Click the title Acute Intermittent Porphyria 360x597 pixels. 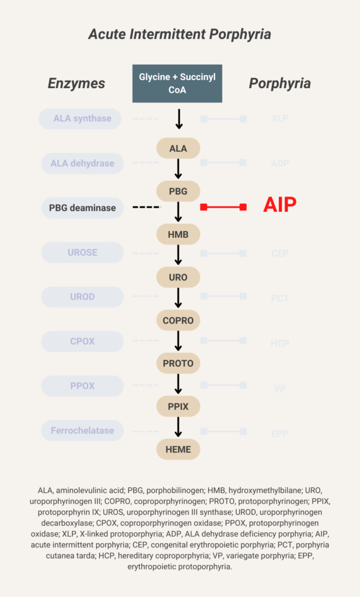click(x=180, y=34)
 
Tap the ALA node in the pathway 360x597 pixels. click(x=178, y=149)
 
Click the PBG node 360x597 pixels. click(x=178, y=191)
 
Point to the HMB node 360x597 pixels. click(x=178, y=234)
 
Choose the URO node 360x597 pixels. click(x=178, y=278)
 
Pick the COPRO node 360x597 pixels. click(x=178, y=320)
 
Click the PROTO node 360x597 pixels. click(x=178, y=363)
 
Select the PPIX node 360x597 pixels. click(x=178, y=406)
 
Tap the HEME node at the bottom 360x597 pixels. click(x=178, y=449)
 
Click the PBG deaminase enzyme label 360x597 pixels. click(x=82, y=208)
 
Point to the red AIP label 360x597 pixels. click(x=279, y=205)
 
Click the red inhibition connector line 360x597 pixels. click(x=223, y=207)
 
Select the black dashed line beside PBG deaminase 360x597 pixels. click(x=146, y=207)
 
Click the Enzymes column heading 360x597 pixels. click(x=76, y=83)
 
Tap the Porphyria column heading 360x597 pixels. click(x=279, y=83)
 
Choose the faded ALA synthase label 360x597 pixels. click(x=82, y=118)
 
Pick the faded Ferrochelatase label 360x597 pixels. click(x=82, y=431)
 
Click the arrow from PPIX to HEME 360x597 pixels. click(x=179, y=427)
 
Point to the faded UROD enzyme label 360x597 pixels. click(x=82, y=297)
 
